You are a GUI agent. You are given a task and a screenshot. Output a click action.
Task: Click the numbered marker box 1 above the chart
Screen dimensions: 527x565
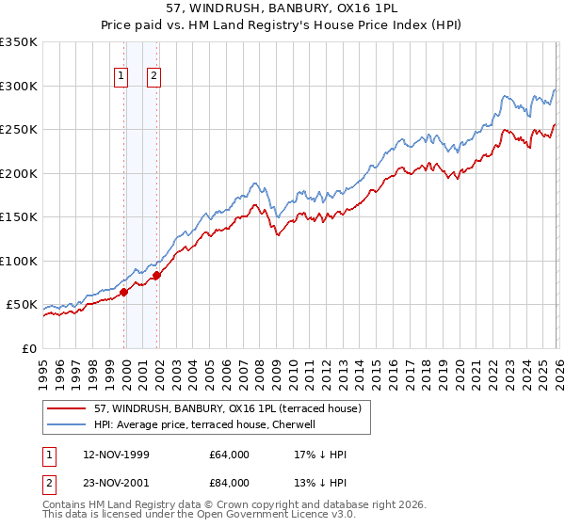[x=122, y=78]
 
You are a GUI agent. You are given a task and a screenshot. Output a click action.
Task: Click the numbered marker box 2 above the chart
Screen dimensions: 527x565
[x=153, y=78]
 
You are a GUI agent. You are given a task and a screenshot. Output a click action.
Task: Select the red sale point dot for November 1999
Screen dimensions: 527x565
[x=123, y=293]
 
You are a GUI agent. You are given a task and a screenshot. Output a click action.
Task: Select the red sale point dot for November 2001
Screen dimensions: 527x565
[x=157, y=275]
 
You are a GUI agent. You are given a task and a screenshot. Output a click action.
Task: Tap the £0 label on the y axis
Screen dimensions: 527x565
[x=28, y=348]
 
